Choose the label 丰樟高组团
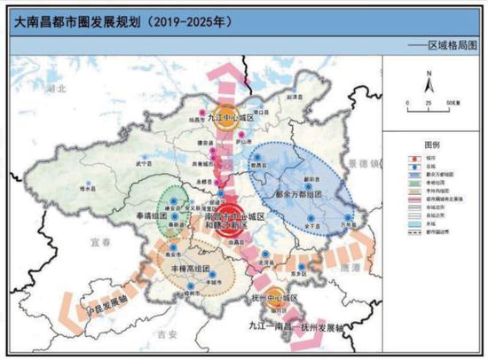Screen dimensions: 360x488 pos(190,267)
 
